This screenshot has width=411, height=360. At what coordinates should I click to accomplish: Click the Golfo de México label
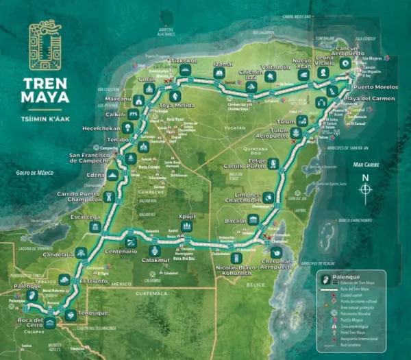point(34,173)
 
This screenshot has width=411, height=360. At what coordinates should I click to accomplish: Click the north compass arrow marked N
point(366,189)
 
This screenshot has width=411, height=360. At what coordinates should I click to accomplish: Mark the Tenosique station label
point(94,313)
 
